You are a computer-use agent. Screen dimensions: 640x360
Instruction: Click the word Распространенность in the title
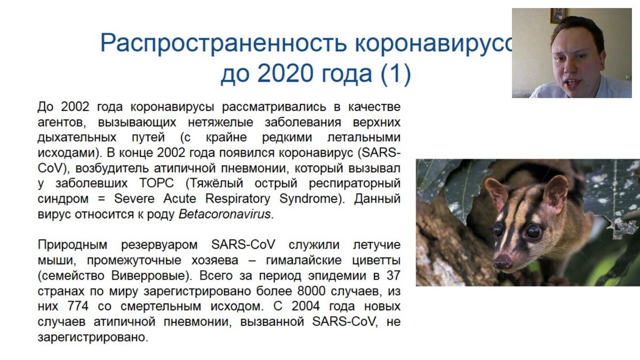[224, 43]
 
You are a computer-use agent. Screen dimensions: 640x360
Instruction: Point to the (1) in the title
[396, 74]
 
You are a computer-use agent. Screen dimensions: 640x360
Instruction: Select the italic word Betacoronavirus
[225, 214]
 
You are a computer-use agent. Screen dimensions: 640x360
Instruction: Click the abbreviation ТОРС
[157, 183]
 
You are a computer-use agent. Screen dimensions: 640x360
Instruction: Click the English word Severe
[134, 198]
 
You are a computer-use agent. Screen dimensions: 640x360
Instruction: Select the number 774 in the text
[78, 306]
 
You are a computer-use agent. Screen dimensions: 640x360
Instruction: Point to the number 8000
[311, 291]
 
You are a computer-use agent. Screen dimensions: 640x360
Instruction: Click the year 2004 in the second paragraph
[306, 306]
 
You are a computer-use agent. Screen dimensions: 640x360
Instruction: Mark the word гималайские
[303, 260]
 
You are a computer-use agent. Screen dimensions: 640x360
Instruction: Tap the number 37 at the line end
[394, 276]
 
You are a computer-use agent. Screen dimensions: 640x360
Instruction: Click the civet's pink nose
[502, 260]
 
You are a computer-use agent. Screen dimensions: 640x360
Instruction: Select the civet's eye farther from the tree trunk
[533, 231]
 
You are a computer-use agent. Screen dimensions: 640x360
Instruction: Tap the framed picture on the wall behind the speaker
[557, 15]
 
